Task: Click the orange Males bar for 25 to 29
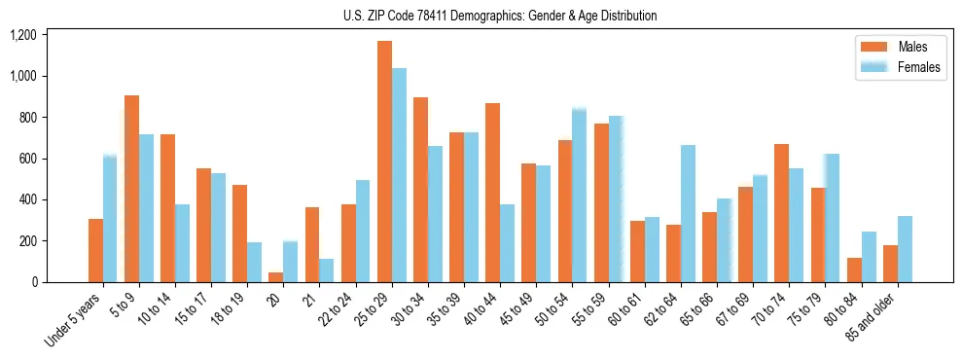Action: (x=384, y=162)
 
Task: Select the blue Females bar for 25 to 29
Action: (x=399, y=175)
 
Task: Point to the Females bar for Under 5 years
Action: (x=110, y=218)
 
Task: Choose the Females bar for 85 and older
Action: (x=905, y=249)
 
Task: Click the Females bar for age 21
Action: (x=327, y=270)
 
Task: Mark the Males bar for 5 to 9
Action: (x=131, y=189)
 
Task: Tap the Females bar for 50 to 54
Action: (x=580, y=196)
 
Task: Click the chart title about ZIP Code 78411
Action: (x=499, y=16)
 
